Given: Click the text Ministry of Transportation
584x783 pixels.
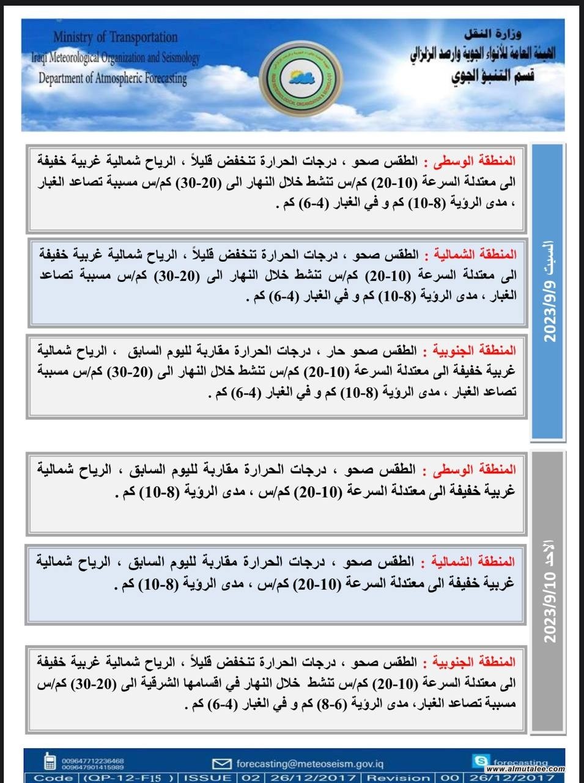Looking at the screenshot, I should [x=115, y=37].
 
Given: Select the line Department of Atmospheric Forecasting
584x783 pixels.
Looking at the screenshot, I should [x=113, y=78].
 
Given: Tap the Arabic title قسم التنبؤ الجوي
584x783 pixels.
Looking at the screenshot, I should [x=493, y=76].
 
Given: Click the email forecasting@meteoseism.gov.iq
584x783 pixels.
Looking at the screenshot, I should [x=310, y=763].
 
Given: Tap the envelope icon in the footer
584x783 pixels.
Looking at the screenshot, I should [x=221, y=763].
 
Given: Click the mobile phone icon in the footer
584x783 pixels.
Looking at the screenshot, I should [x=49, y=763].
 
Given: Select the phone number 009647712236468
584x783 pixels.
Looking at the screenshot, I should [x=92, y=760].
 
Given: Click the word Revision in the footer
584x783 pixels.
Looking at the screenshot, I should [x=398, y=777].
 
